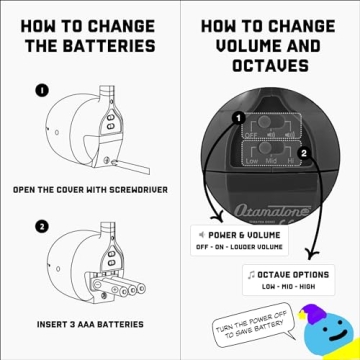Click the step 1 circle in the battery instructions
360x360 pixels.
42,90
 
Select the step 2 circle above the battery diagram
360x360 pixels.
42,226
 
